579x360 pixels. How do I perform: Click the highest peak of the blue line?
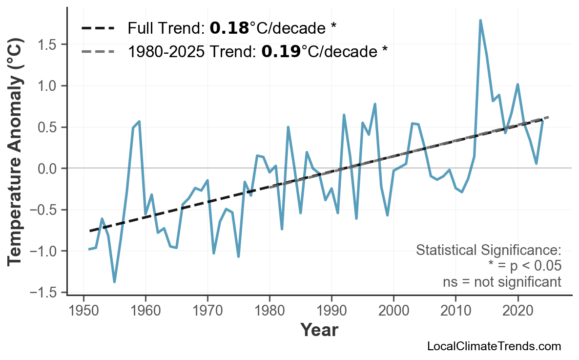click(480, 21)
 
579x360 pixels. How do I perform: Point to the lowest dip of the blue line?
click(115, 281)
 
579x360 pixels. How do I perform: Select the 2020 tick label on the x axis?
click(517, 311)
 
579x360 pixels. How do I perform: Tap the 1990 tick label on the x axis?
click(331, 311)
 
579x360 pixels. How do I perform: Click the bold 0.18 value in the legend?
click(229, 28)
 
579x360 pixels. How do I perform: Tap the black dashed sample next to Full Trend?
click(98, 28)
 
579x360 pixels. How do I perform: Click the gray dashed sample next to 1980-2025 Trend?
click(98, 51)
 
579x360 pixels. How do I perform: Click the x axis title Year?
click(319, 330)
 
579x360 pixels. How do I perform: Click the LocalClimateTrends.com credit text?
click(494, 346)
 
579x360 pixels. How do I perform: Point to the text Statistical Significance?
click(488, 251)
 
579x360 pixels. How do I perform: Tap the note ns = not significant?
click(502, 282)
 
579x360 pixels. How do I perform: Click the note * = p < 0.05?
click(524, 266)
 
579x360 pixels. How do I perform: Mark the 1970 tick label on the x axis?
click(207, 311)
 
